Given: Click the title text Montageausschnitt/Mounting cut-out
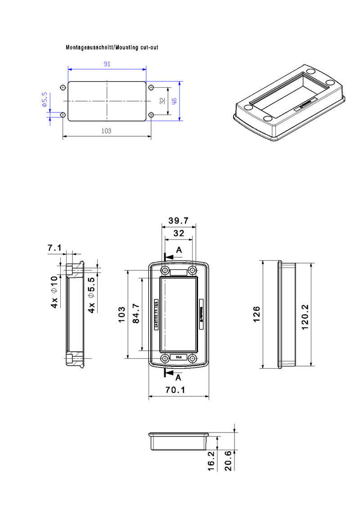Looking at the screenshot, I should point(112,47).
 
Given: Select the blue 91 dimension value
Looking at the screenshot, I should point(107,64).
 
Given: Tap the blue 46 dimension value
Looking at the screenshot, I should point(174,101).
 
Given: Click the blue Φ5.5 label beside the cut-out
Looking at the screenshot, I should point(45,99).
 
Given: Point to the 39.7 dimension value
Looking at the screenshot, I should point(178,221).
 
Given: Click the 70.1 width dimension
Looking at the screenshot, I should point(175,390).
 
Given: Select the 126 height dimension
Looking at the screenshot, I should point(256,314).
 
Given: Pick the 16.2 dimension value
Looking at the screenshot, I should point(211,461).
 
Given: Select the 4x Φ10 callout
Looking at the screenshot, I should point(54,292).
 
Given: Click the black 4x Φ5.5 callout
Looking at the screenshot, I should point(91,295).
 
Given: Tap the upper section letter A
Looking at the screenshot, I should point(179,250).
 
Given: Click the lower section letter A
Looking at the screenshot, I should point(178,377).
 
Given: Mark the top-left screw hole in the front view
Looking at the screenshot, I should point(165,271).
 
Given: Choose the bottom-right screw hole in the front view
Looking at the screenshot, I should point(193,358).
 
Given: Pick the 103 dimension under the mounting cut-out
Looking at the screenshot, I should point(107,131).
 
